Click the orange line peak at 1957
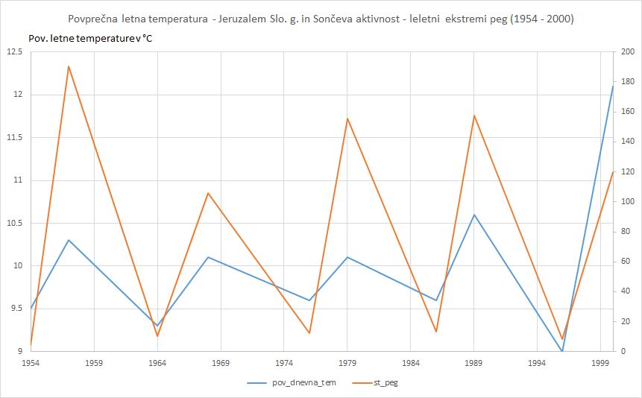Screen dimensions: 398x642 [69, 66]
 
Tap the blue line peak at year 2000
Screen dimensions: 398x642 [613, 86]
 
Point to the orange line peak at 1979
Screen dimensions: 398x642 [347, 119]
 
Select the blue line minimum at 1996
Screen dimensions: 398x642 [562, 351]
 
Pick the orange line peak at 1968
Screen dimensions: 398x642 [208, 193]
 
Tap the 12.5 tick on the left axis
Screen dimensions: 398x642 [14, 51]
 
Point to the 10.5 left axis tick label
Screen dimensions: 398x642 [14, 223]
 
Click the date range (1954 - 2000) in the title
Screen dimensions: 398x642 [534, 19]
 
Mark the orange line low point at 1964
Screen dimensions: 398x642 [157, 336]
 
